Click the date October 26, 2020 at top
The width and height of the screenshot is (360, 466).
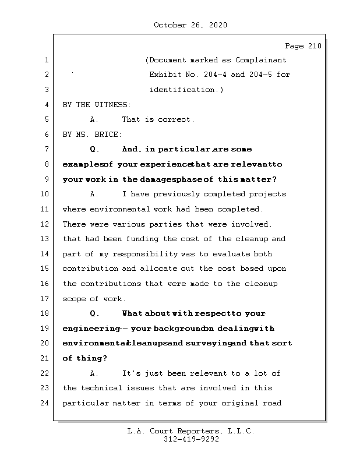point(190,25)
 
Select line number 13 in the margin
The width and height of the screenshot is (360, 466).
point(47,239)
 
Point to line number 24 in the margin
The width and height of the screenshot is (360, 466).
point(47,403)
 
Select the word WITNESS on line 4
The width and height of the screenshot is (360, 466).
point(112,105)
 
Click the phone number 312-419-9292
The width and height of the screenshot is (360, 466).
point(191,440)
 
